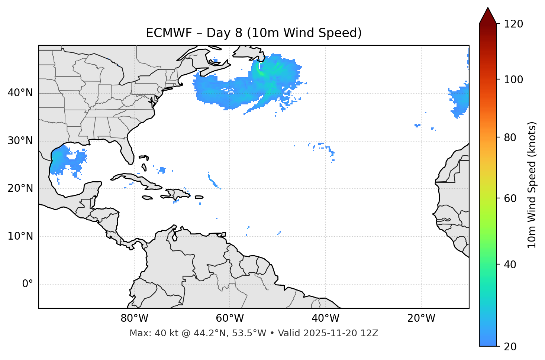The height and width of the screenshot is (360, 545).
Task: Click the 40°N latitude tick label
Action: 20,93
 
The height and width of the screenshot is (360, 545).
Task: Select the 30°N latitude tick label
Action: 20,141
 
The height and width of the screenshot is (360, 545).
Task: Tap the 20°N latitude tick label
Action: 20,188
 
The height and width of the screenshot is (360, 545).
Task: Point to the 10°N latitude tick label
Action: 20,236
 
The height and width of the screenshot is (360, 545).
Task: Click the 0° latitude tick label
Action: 28,284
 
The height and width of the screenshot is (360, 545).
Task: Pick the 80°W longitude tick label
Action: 134,318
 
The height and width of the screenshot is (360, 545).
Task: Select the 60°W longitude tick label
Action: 230,318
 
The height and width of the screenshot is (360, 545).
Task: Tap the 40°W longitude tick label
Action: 325,318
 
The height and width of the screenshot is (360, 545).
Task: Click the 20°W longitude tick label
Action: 421,318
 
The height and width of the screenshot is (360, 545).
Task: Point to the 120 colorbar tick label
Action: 513,24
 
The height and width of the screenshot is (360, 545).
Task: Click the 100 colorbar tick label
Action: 513,80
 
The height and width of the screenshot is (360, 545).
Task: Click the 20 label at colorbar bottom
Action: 510,347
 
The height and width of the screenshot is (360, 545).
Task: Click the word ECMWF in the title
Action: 169,33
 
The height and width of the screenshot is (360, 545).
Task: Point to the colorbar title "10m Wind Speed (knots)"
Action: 532,185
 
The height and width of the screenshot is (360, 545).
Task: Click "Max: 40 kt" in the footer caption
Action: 152,333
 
